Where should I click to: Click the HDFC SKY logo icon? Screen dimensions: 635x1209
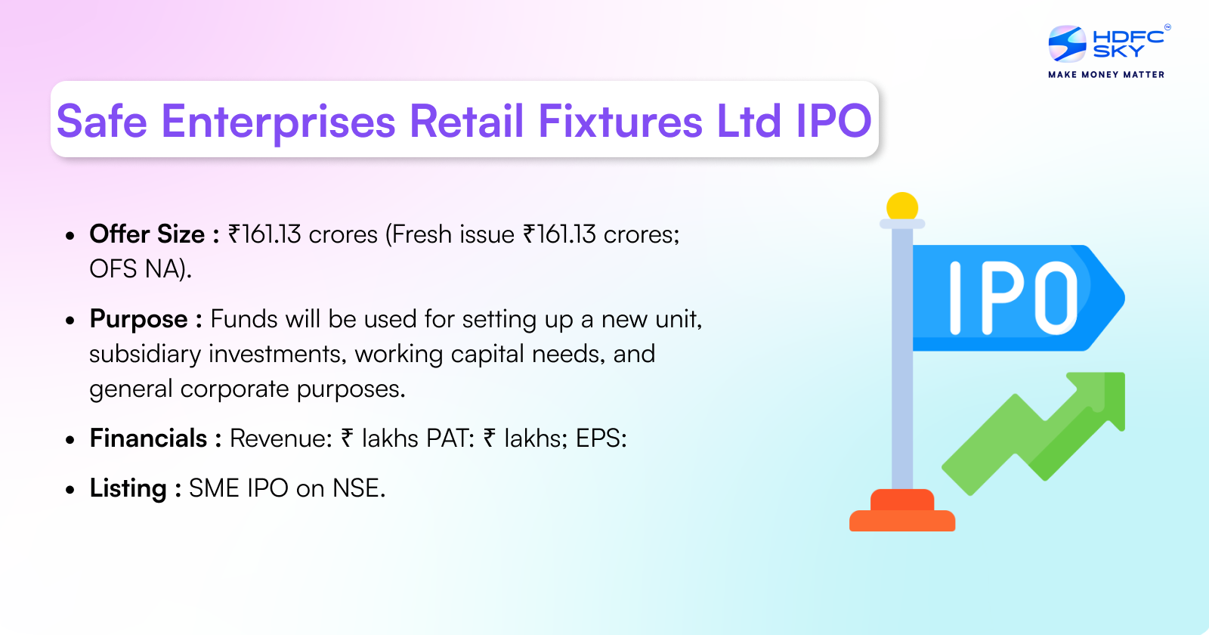1067,44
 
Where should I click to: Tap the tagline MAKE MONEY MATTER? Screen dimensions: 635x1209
1106,75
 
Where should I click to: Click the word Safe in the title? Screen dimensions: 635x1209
102,122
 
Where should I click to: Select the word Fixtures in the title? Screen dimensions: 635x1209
620,122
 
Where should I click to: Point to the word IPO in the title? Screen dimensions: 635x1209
833,122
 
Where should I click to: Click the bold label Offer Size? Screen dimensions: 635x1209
147,234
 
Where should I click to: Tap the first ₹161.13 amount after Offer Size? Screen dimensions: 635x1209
264,234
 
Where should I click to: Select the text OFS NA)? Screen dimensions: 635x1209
141,269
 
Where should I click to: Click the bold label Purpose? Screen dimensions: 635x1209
138,319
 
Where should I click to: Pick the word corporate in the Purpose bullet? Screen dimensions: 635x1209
234,389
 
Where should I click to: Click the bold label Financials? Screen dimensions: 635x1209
148,438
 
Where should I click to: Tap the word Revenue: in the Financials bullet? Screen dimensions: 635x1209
280,438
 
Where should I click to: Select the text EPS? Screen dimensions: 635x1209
601,438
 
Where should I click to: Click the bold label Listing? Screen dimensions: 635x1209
128,488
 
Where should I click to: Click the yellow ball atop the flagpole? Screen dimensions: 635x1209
902,206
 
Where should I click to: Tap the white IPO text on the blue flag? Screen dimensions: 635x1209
1013,298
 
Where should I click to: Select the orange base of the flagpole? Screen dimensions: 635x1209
902,514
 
